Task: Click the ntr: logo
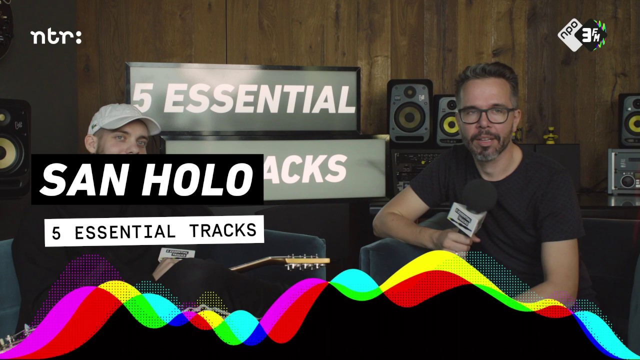pyautogui.click(x=55, y=37)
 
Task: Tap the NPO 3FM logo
pyautogui.click(x=582, y=34)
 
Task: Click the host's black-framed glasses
pyautogui.click(x=484, y=114)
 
